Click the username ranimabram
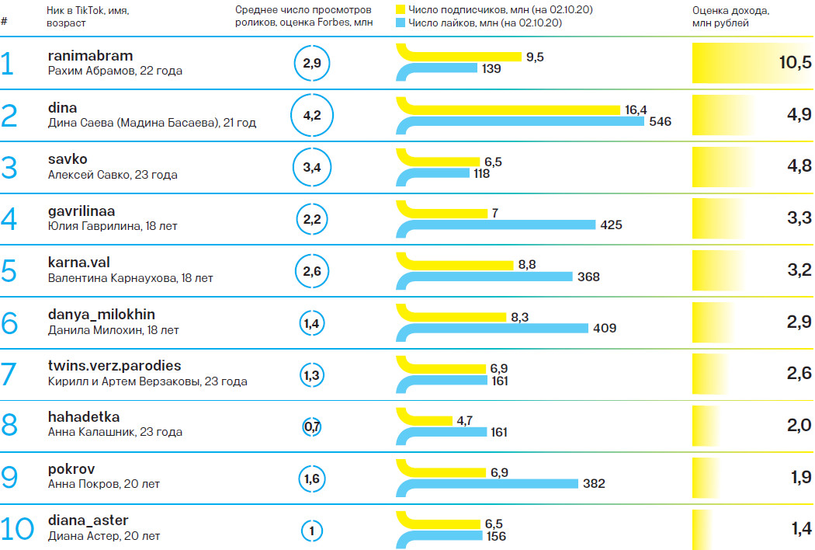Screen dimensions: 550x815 pyautogui.click(x=90, y=56)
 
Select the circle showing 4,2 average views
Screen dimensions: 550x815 pyautogui.click(x=312, y=115)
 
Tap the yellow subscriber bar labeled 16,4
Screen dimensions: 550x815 pyautogui.click(x=512, y=110)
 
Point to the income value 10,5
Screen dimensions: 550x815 pyautogui.click(x=795, y=63)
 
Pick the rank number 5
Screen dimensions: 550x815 pyautogui.click(x=9, y=271)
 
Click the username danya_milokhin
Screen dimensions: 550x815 pyautogui.click(x=101, y=314)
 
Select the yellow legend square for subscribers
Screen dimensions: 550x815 pyautogui.click(x=401, y=9)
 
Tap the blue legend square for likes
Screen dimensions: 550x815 pyautogui.click(x=401, y=23)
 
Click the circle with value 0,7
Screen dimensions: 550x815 pyautogui.click(x=312, y=426)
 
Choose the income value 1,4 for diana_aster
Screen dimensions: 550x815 pyautogui.click(x=801, y=529)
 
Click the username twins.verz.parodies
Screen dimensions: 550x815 pyautogui.click(x=114, y=365)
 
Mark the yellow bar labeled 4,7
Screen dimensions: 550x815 pyautogui.click(x=427, y=420)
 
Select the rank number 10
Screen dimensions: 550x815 pyautogui.click(x=17, y=529)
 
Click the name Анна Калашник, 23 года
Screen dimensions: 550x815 pyautogui.click(x=103, y=432)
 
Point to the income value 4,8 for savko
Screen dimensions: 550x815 pyautogui.click(x=799, y=166)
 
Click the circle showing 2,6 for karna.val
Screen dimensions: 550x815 pyautogui.click(x=312, y=271)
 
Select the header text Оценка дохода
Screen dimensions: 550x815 pyautogui.click(x=730, y=10)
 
